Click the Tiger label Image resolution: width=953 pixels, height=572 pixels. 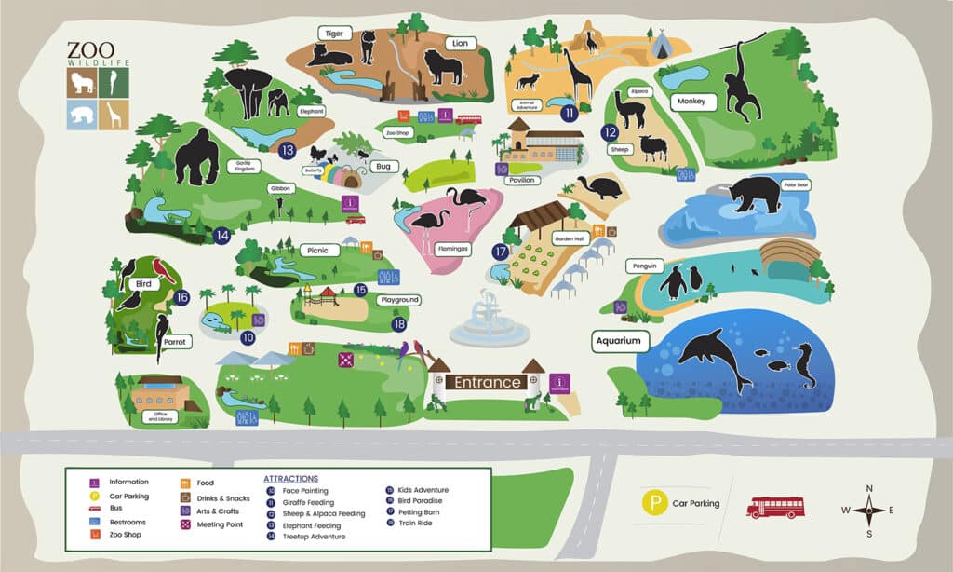point(333,33)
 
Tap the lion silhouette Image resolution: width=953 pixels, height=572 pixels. point(443,67)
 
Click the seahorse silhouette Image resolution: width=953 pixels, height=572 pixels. point(803,365)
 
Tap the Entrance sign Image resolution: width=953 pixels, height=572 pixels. point(488,382)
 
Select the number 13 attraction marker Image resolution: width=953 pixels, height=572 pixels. point(287,149)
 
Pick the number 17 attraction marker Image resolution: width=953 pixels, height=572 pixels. point(501,252)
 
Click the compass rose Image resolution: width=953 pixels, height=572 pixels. point(868,510)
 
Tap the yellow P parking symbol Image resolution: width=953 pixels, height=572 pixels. point(656,504)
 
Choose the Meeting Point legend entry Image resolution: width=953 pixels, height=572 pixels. point(219,524)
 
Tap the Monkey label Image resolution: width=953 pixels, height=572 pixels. point(691,102)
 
